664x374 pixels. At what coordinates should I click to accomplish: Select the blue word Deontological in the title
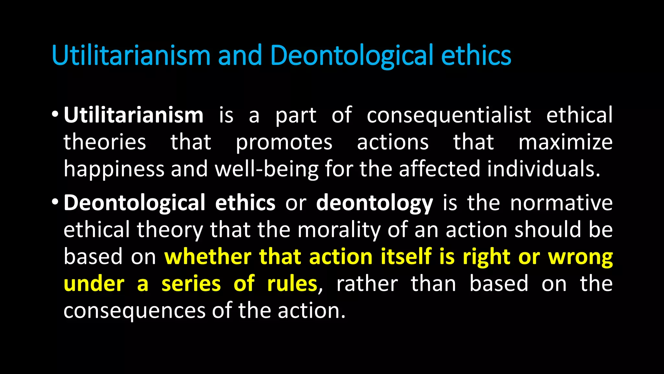[x=351, y=55]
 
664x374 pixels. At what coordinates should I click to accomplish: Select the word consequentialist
[x=449, y=116]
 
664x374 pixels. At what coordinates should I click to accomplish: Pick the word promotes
[x=284, y=142]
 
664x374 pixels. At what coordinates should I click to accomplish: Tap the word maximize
[x=565, y=142]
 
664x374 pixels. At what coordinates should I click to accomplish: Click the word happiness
[x=114, y=169]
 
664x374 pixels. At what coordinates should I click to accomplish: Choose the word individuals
[x=543, y=169]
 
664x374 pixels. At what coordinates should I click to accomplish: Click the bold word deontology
[x=374, y=203]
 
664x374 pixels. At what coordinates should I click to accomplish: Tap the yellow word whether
[x=208, y=257]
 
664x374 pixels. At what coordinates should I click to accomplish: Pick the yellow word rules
[x=292, y=284]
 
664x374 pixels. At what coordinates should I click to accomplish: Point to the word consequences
[x=134, y=311]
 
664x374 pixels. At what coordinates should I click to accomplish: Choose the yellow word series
[x=191, y=284]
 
